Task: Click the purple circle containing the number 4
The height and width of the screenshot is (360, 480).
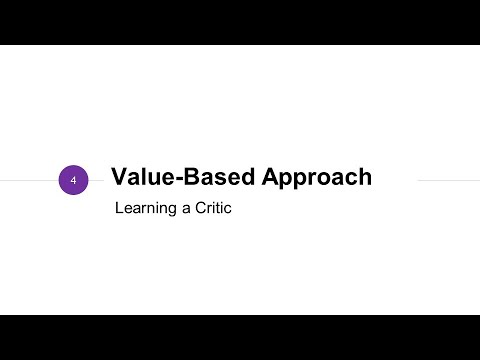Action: tap(74, 180)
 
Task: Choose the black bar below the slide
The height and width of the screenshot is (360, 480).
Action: tap(240, 337)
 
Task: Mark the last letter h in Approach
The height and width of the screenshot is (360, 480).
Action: tap(365, 178)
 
